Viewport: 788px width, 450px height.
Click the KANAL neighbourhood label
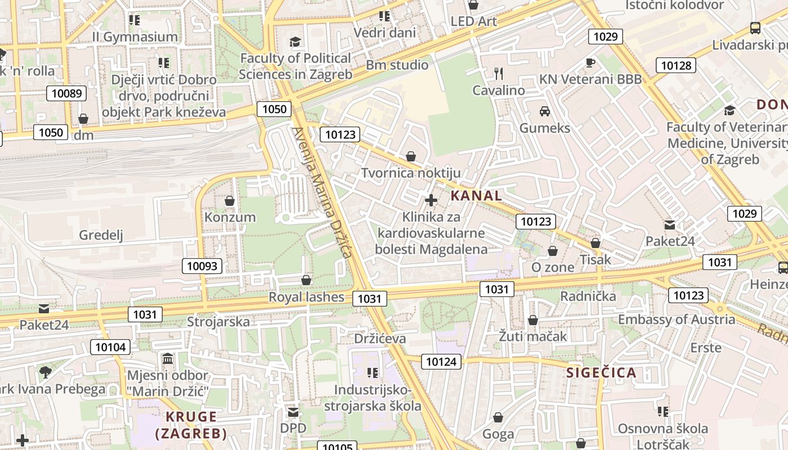coord(476,196)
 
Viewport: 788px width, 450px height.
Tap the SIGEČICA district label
coord(601,372)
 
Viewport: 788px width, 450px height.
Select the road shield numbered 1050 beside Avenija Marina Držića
coord(274,109)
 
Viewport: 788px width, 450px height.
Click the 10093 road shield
coord(202,266)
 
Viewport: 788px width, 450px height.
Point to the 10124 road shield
coord(441,362)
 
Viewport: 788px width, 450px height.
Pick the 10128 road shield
coord(675,65)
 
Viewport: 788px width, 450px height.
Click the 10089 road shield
coord(67,93)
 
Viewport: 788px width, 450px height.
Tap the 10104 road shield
coord(111,347)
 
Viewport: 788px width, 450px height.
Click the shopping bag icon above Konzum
coord(230,200)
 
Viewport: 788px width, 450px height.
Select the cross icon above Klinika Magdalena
coord(431,200)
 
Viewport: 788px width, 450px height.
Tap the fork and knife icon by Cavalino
coord(498,73)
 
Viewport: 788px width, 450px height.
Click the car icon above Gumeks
coord(544,111)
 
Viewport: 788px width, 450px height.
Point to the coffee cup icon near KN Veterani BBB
coord(590,62)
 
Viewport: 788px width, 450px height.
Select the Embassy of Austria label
coord(676,319)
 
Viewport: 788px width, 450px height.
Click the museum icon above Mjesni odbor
coord(167,358)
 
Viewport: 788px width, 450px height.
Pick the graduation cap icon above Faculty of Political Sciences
coord(295,42)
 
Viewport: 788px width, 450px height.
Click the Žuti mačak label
coord(532,336)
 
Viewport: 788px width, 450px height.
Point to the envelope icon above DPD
coord(293,412)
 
